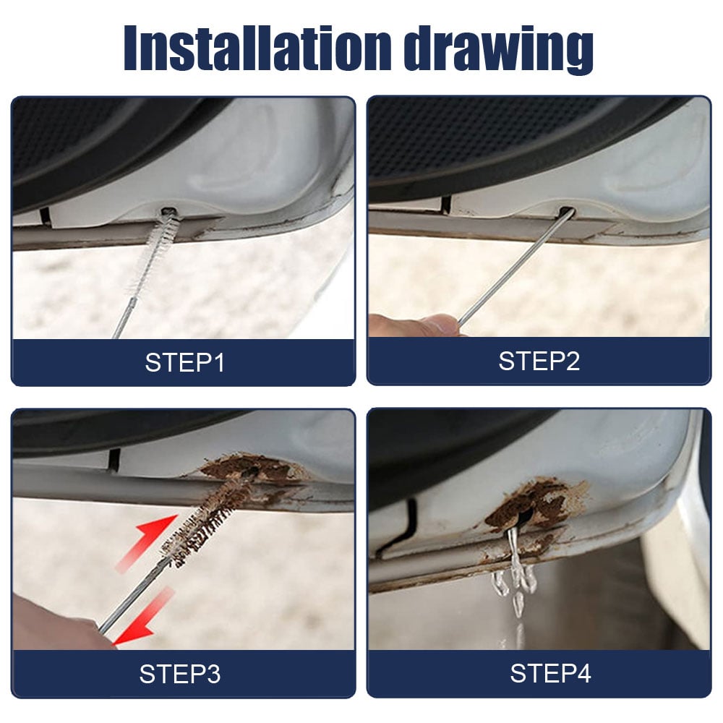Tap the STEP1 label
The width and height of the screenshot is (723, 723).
click(184, 362)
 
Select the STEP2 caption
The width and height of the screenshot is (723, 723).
click(539, 361)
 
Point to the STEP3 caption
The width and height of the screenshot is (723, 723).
click(180, 674)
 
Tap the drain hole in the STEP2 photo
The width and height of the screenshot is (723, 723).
click(566, 213)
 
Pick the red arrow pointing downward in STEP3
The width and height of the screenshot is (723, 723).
click(145, 618)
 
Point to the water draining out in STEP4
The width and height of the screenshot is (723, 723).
click(515, 578)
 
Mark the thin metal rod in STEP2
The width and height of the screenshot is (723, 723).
click(513, 271)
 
